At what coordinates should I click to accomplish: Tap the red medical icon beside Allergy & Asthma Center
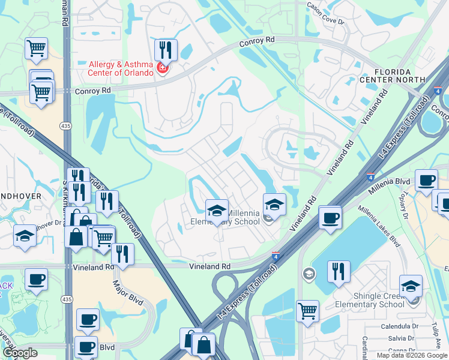pos(161,68)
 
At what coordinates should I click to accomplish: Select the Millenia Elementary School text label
pos(224,218)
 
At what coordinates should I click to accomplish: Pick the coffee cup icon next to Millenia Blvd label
pos(426,180)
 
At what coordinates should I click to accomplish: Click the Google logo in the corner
pos(20,353)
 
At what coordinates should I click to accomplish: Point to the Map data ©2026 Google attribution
pos(412,355)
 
